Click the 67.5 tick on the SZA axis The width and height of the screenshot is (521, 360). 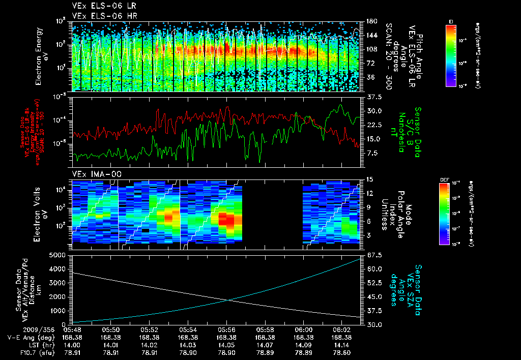click(x=371, y=255)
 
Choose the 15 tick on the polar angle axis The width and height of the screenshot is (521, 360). click(x=367, y=179)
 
